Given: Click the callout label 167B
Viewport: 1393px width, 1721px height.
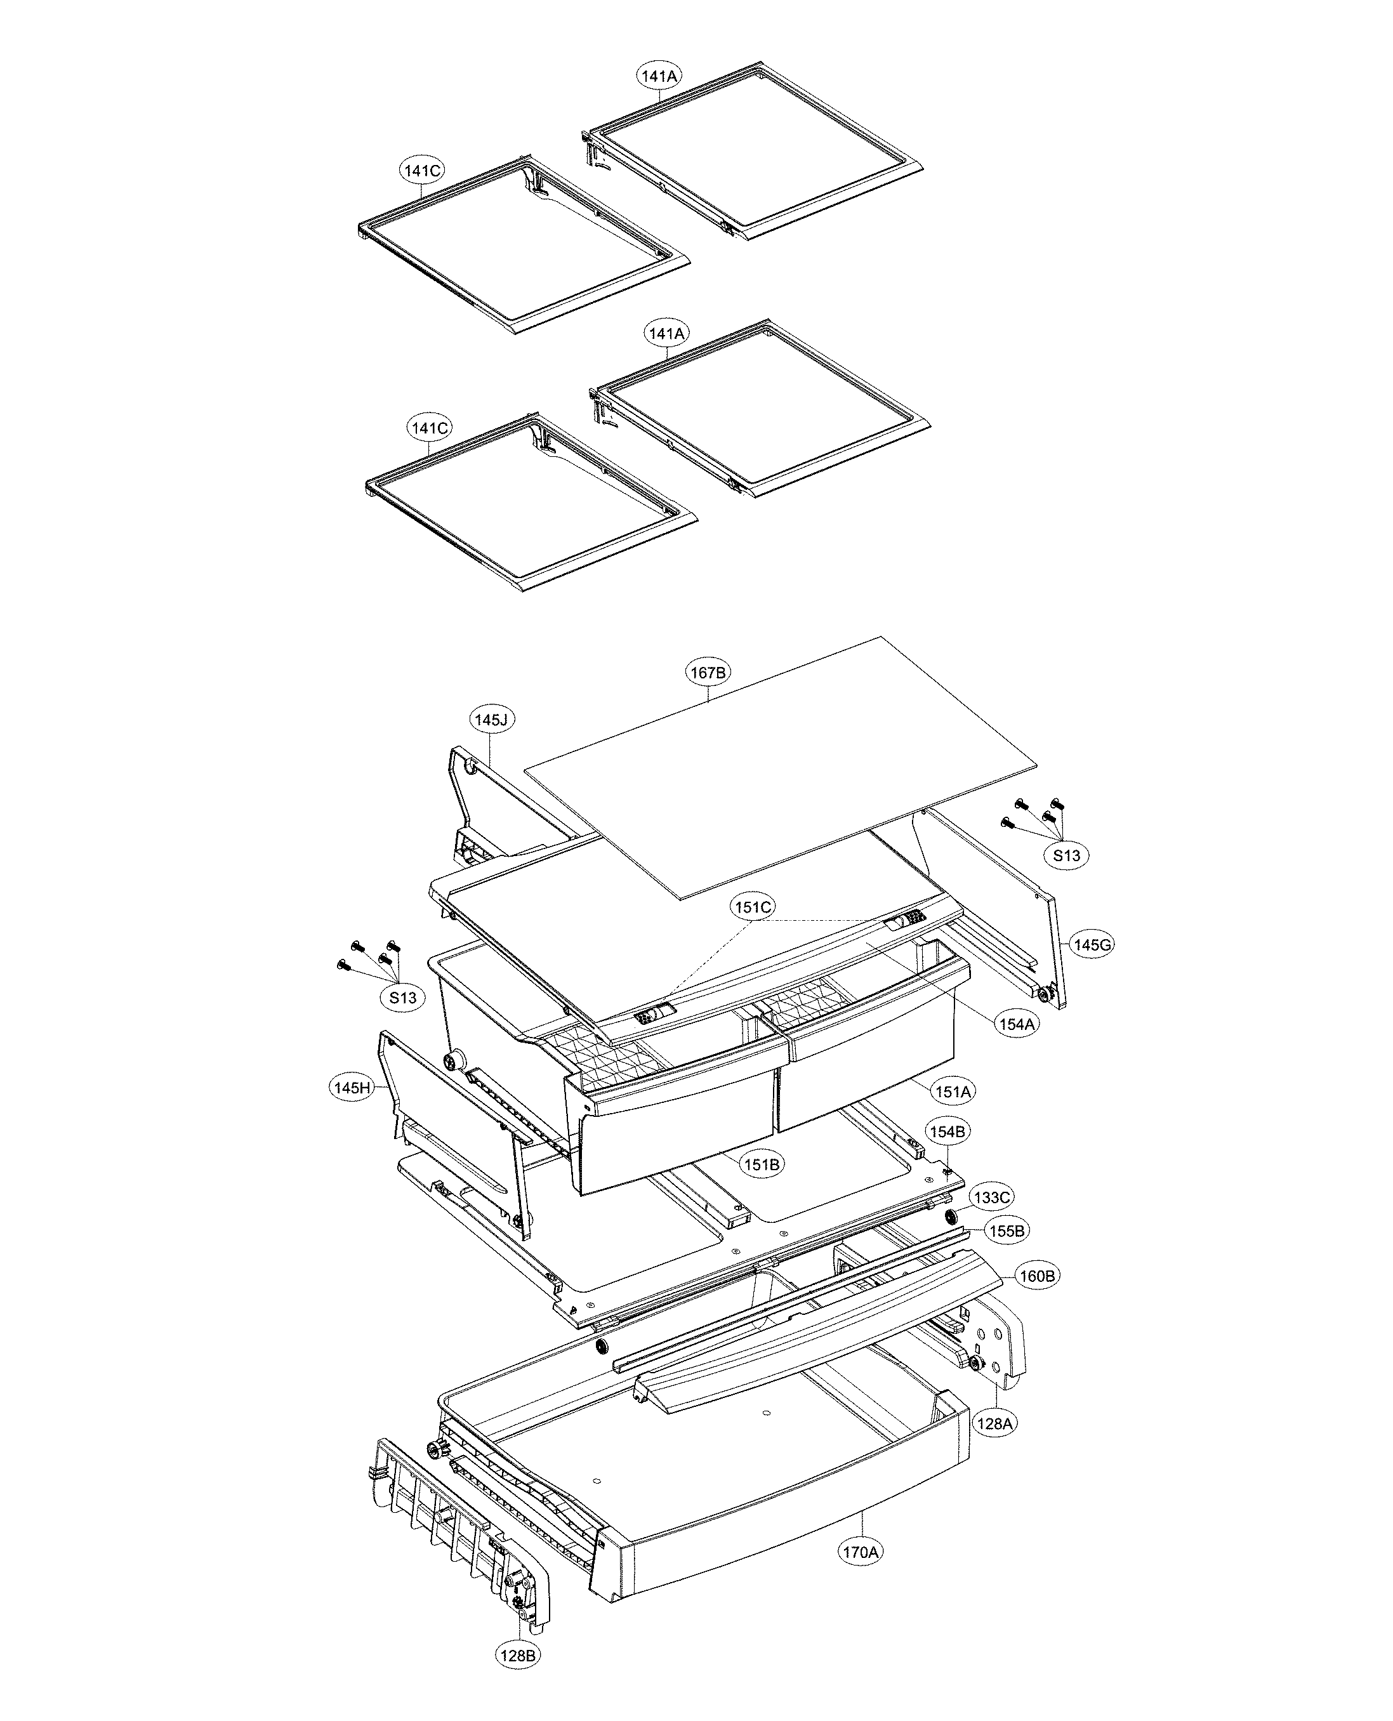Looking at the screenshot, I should tap(708, 673).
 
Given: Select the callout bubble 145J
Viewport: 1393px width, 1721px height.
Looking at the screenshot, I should tap(491, 720).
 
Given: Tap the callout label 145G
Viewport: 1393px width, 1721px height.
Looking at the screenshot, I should tap(1092, 945).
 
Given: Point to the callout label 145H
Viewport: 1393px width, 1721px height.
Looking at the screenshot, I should tap(352, 1088).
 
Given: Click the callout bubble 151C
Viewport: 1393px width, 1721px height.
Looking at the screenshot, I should tap(753, 907).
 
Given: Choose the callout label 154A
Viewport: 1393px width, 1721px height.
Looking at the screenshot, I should tap(1017, 1024).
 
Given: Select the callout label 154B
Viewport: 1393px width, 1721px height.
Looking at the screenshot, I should tap(947, 1131).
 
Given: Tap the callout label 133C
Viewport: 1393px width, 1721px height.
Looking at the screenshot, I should tap(992, 1197).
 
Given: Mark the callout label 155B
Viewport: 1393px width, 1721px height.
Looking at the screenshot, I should tap(1007, 1230).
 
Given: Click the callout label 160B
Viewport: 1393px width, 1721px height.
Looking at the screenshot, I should tap(1037, 1276).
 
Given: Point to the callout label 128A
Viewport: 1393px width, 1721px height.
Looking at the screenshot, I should tap(994, 1423).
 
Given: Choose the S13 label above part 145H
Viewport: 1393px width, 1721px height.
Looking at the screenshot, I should tap(403, 998).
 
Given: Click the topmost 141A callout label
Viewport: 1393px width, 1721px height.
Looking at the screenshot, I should tap(659, 76).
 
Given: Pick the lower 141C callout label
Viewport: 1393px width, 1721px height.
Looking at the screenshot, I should tap(429, 428).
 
